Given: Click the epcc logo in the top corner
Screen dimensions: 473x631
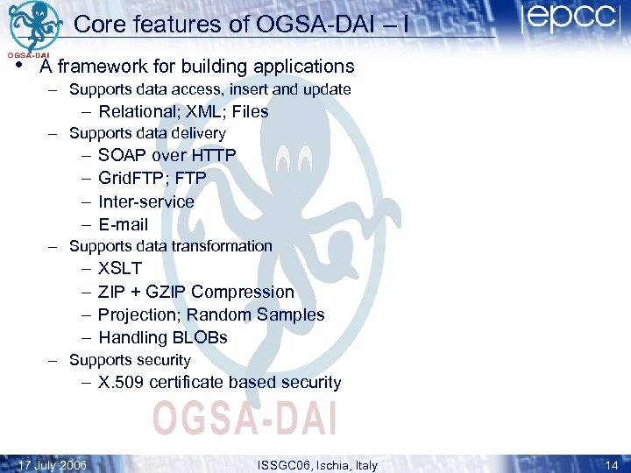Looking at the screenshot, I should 569,20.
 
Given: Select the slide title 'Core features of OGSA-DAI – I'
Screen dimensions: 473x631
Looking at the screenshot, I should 241,25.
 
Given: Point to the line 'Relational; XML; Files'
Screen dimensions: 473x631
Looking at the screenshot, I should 183,111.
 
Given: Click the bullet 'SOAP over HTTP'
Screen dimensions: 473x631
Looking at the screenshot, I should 167,155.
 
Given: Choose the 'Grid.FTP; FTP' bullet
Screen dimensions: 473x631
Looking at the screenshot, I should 152,178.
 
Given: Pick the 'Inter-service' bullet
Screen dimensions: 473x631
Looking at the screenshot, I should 146,201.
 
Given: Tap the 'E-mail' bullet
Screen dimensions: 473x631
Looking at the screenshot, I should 124,224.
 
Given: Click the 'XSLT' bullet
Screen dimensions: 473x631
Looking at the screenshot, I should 120,268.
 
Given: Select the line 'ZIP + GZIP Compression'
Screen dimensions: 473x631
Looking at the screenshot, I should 196,292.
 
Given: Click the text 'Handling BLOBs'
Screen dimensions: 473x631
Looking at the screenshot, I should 163,337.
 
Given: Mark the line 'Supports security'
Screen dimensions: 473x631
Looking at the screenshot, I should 130,360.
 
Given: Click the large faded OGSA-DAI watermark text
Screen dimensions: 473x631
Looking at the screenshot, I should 245,416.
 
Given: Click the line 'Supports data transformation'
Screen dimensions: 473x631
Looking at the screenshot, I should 171,246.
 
